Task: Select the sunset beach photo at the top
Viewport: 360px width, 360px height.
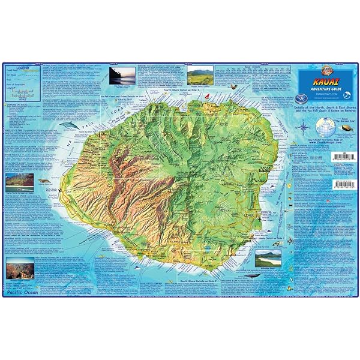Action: click(122, 76)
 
